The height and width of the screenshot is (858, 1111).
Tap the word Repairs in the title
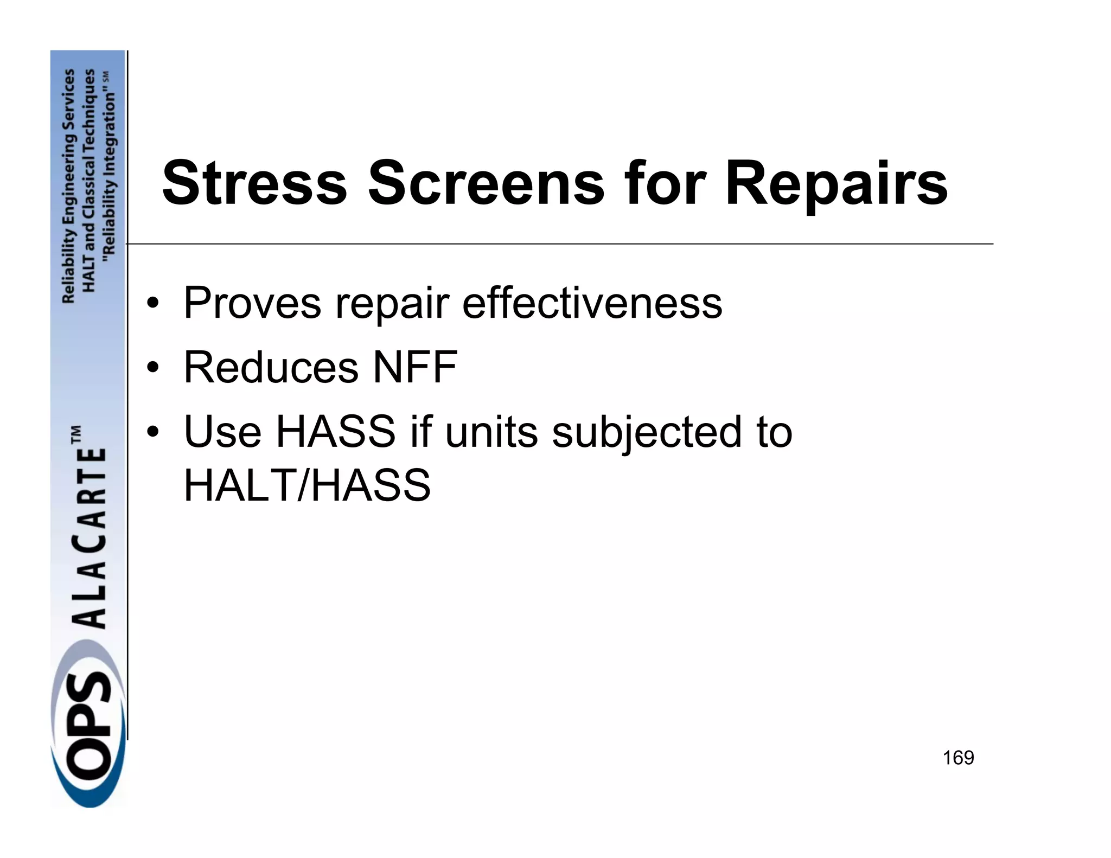pos(836,184)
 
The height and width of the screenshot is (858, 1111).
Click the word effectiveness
pos(592,303)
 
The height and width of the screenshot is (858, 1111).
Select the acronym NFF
pos(415,367)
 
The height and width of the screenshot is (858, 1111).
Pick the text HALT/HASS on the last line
pos(307,485)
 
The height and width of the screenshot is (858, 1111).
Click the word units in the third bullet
pos(491,432)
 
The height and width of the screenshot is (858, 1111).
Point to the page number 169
pos(958,758)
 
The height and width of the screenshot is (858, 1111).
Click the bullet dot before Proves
pos(154,304)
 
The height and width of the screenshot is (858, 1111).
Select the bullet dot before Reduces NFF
pos(154,368)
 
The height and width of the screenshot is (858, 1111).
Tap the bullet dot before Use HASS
pos(154,433)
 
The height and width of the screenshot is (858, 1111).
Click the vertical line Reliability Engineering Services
pos(68,185)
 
